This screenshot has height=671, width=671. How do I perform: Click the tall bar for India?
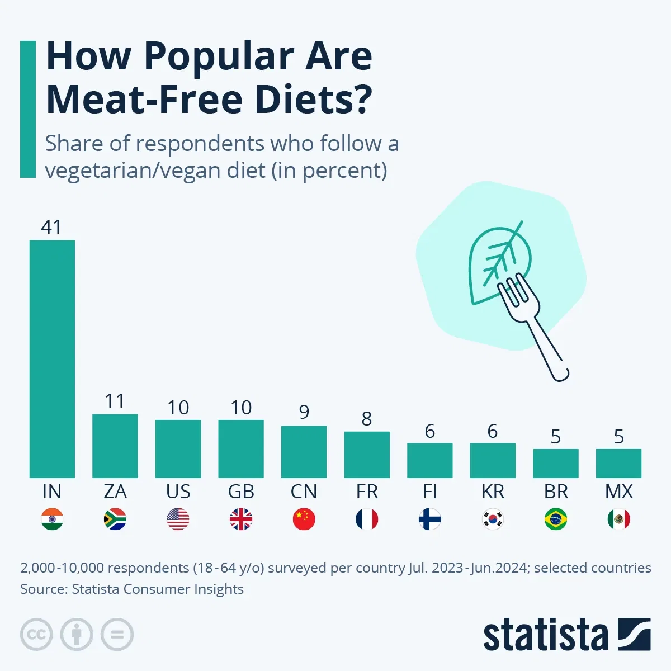coord(52,358)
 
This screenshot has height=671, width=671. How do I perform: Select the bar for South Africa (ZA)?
coord(115,446)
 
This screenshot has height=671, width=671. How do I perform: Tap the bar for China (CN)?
coord(304,451)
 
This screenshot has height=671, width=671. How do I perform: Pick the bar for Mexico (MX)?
coord(618,463)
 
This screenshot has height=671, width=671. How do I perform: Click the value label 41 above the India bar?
coord(51,227)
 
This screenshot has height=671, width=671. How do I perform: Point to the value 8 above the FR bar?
coord(367,419)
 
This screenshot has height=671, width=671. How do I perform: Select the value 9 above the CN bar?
coord(304,412)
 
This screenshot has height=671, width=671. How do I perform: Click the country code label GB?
coord(241,492)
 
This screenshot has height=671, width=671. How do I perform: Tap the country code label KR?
coord(493,492)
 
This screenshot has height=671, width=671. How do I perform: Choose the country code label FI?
coord(429,492)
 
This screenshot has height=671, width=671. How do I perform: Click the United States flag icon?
coord(178,519)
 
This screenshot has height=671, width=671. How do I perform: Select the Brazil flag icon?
coord(555,519)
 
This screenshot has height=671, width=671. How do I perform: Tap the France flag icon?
coord(367,519)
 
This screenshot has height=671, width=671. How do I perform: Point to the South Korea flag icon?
coord(493,519)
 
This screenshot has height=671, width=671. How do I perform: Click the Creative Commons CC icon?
coord(36,635)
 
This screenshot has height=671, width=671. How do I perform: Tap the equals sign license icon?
coord(117,635)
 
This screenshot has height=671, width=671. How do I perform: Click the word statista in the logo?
coord(545,636)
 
